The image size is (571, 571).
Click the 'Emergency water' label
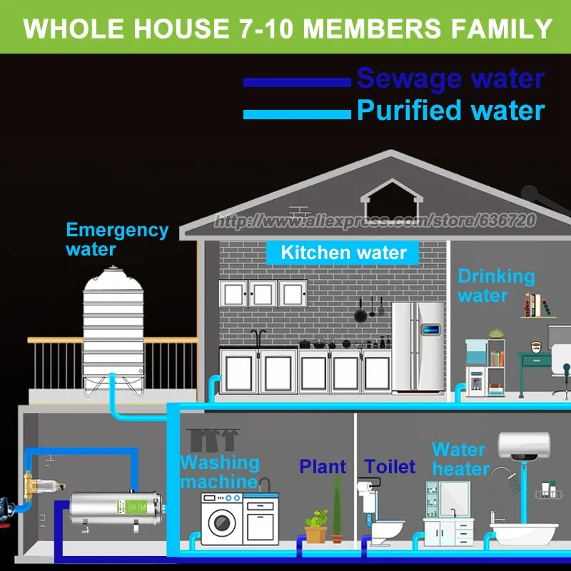(x=117, y=240)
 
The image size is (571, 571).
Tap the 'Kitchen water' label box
(x=343, y=252)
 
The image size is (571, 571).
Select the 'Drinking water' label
(x=496, y=285)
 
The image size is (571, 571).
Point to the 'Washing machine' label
(x=218, y=471)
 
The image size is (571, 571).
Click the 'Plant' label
(x=323, y=468)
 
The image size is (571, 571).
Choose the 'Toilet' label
(x=390, y=468)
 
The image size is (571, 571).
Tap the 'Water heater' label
(x=460, y=459)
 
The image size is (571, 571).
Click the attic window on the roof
(x=386, y=194)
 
